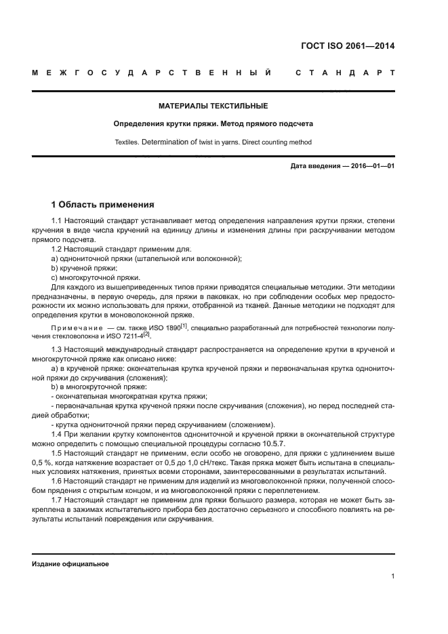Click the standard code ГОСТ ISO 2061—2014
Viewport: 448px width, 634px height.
coord(348,47)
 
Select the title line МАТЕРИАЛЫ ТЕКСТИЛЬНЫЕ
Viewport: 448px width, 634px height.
coord(213,106)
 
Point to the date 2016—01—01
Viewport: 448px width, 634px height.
coord(367,165)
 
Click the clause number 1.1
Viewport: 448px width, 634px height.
coord(58,222)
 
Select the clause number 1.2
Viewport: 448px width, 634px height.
coord(58,250)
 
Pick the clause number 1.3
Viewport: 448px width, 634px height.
coord(58,349)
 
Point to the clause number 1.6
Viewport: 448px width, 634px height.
coord(58,481)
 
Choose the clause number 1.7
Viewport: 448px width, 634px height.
coord(58,500)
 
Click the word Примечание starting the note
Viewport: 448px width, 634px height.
coord(76,329)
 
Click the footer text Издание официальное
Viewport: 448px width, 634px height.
coord(70,563)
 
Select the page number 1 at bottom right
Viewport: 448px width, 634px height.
coord(392,577)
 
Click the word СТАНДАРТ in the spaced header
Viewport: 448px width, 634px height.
coord(344,72)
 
